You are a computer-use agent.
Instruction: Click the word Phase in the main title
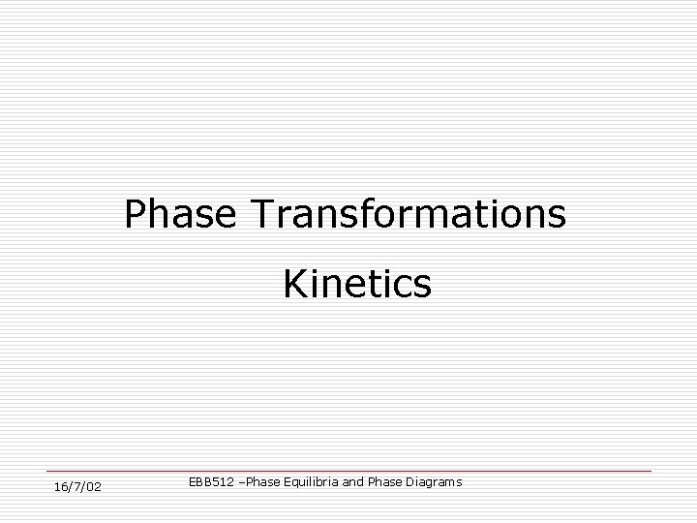[180, 214]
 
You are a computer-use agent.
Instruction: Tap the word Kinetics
[357, 285]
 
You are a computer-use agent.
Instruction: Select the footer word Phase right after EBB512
[263, 481]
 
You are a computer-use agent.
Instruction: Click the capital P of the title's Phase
[134, 214]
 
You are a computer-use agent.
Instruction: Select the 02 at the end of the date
[94, 485]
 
